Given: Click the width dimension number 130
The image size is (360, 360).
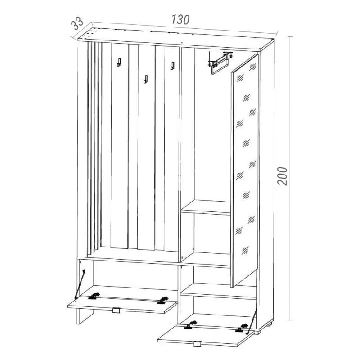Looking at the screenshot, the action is (180, 20).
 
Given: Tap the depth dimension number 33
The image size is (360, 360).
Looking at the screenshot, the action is (77, 23).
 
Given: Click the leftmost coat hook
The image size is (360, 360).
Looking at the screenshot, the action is (119, 63).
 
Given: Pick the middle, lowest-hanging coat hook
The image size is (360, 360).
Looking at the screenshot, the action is (146, 79).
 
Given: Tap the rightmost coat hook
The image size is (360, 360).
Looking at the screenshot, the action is (172, 66).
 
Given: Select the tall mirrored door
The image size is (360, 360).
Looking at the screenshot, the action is (245, 170).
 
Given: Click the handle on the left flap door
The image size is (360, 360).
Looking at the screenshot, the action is (116, 310).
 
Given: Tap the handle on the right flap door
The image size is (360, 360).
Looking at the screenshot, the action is (197, 344).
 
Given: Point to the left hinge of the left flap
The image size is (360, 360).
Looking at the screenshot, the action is (94, 296).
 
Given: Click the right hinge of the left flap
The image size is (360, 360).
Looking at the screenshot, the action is (162, 300).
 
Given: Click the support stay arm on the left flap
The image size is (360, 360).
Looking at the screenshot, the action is (80, 284).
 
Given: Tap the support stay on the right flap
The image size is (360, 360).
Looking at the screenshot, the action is (252, 321).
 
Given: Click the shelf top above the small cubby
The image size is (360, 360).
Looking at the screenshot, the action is (206, 207).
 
